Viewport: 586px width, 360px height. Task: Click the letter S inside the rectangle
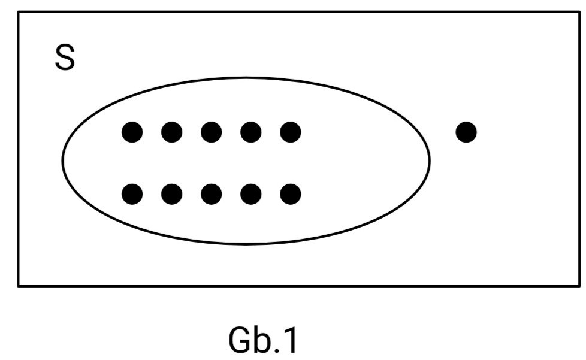click(65, 58)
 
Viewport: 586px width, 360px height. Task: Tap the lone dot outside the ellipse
click(466, 131)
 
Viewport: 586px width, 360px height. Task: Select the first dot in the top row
click(132, 131)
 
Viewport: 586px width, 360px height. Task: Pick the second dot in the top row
click(171, 131)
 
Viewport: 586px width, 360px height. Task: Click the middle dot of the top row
click(211, 131)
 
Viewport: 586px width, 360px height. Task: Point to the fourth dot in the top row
click(250, 131)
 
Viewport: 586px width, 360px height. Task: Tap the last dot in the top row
click(290, 131)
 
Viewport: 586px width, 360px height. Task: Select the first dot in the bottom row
click(132, 193)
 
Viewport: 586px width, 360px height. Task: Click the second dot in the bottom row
click(171, 193)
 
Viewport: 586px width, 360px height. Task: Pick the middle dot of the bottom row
click(211, 193)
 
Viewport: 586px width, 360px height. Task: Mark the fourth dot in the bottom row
click(250, 193)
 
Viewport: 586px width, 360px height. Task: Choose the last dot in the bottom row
click(290, 193)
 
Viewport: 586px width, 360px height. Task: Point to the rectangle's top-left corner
click(19, 12)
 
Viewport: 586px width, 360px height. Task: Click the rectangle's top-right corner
click(579, 12)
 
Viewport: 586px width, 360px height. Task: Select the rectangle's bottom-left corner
click(19, 285)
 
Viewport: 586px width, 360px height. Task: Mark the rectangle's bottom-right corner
click(579, 285)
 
